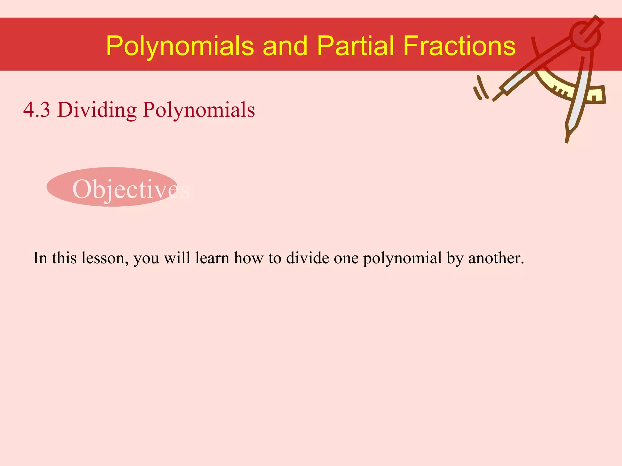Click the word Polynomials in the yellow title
pos(180,46)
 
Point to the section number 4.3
pos(36,110)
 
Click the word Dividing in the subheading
pos(97,110)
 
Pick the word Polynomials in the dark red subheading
pos(199,110)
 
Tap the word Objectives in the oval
pos(131,189)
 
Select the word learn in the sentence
pos(212,258)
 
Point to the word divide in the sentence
pos(307,258)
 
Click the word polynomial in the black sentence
pos(402,259)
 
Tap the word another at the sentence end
pos(496,258)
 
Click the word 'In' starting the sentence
pos(40,258)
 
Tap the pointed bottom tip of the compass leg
pos(567,140)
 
